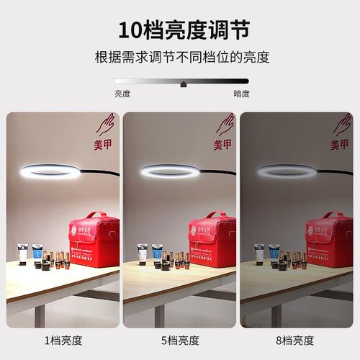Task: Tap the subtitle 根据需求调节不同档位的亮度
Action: [x=182, y=57]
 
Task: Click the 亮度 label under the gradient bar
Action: [x=122, y=94]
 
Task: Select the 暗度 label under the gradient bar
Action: [x=241, y=94]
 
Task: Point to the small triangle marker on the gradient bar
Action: [x=184, y=84]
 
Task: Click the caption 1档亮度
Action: [x=63, y=340]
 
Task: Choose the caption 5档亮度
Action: [x=180, y=340]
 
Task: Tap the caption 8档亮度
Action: [x=296, y=340]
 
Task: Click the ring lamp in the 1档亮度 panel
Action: [x=50, y=171]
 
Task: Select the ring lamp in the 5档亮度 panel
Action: [x=169, y=171]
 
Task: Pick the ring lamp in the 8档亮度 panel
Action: [x=287, y=171]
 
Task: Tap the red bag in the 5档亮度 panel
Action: [x=212, y=240]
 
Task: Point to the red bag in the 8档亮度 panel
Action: [x=328, y=240]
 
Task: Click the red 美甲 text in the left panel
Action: [x=105, y=145]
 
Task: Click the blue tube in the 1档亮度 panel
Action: [x=37, y=253]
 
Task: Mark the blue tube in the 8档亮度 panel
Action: [x=274, y=253]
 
